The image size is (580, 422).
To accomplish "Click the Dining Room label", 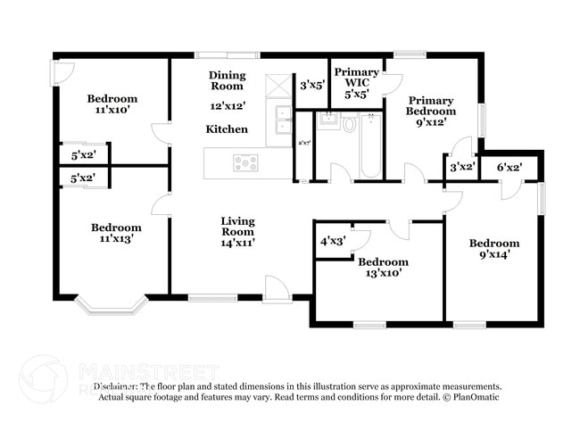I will (227, 80).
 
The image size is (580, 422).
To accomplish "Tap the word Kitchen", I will (227, 129).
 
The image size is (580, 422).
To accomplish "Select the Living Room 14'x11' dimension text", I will (237, 242).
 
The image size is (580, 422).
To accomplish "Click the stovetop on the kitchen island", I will (245, 162).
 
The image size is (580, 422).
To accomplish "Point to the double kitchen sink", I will (282, 112).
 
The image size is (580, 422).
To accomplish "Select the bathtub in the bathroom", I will (370, 145).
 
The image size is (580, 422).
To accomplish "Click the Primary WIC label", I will (357, 81).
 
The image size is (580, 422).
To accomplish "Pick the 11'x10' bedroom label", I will (112, 111).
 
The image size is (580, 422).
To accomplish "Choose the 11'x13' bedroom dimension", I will (116, 239).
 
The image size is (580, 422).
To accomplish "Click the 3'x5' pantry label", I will (311, 87).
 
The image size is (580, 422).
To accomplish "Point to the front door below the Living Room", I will (277, 289).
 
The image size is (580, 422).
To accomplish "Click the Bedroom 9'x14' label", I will (494, 249).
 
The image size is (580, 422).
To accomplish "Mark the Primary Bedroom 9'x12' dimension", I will (430, 122).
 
